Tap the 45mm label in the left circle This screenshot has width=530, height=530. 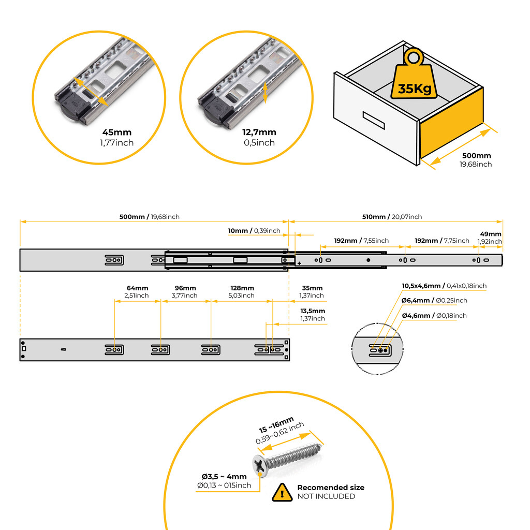click(116, 132)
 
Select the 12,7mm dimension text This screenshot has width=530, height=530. click(259, 132)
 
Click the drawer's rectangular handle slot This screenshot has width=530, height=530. click(374, 120)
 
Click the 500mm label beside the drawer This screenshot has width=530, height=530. click(476, 155)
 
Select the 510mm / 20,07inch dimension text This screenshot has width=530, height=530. click(392, 217)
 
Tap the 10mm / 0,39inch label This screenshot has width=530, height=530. click(254, 230)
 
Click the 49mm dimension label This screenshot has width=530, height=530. click(491, 234)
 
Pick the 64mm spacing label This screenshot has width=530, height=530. click(137, 288)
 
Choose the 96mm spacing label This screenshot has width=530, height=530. click(185, 288)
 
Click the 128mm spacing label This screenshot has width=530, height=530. click(242, 288)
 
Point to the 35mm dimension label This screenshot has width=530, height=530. click(312, 288)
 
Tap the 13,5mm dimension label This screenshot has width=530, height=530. click(313, 311)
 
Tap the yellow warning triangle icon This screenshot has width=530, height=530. click(282, 493)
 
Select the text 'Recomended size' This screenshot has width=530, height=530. click(331, 488)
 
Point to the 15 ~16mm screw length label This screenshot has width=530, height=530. click(276, 425)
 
